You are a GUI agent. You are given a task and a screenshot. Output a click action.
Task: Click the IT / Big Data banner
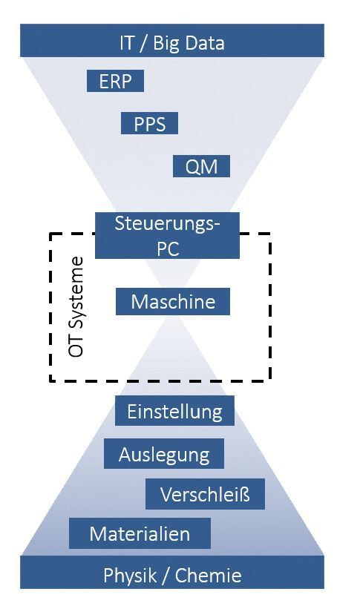click(x=172, y=42)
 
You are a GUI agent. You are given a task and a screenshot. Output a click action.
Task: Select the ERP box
click(x=115, y=82)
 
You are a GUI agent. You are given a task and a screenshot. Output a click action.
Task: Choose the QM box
click(x=201, y=167)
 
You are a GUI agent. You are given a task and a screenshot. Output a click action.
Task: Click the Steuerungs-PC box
click(x=167, y=235)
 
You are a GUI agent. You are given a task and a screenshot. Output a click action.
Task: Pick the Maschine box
click(x=173, y=302)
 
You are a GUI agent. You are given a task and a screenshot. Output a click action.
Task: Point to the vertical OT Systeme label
click(x=76, y=308)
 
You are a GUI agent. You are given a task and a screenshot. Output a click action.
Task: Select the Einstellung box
click(x=174, y=411)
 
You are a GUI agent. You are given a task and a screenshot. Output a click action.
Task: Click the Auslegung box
click(x=164, y=454)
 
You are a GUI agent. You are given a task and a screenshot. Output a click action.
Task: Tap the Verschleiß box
click(x=205, y=494)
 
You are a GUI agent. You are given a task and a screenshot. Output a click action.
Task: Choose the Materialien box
click(x=140, y=533)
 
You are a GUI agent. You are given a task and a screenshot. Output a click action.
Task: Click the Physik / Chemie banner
click(x=172, y=575)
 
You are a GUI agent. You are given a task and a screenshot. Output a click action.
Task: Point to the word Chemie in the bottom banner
click(x=210, y=575)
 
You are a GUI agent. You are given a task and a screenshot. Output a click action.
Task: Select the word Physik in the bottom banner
click(x=128, y=575)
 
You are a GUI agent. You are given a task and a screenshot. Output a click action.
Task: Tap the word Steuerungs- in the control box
click(x=168, y=223)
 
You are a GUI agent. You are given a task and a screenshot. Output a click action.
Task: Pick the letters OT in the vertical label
click(x=76, y=347)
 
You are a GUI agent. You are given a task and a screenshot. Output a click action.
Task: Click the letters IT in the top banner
click(x=128, y=42)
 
